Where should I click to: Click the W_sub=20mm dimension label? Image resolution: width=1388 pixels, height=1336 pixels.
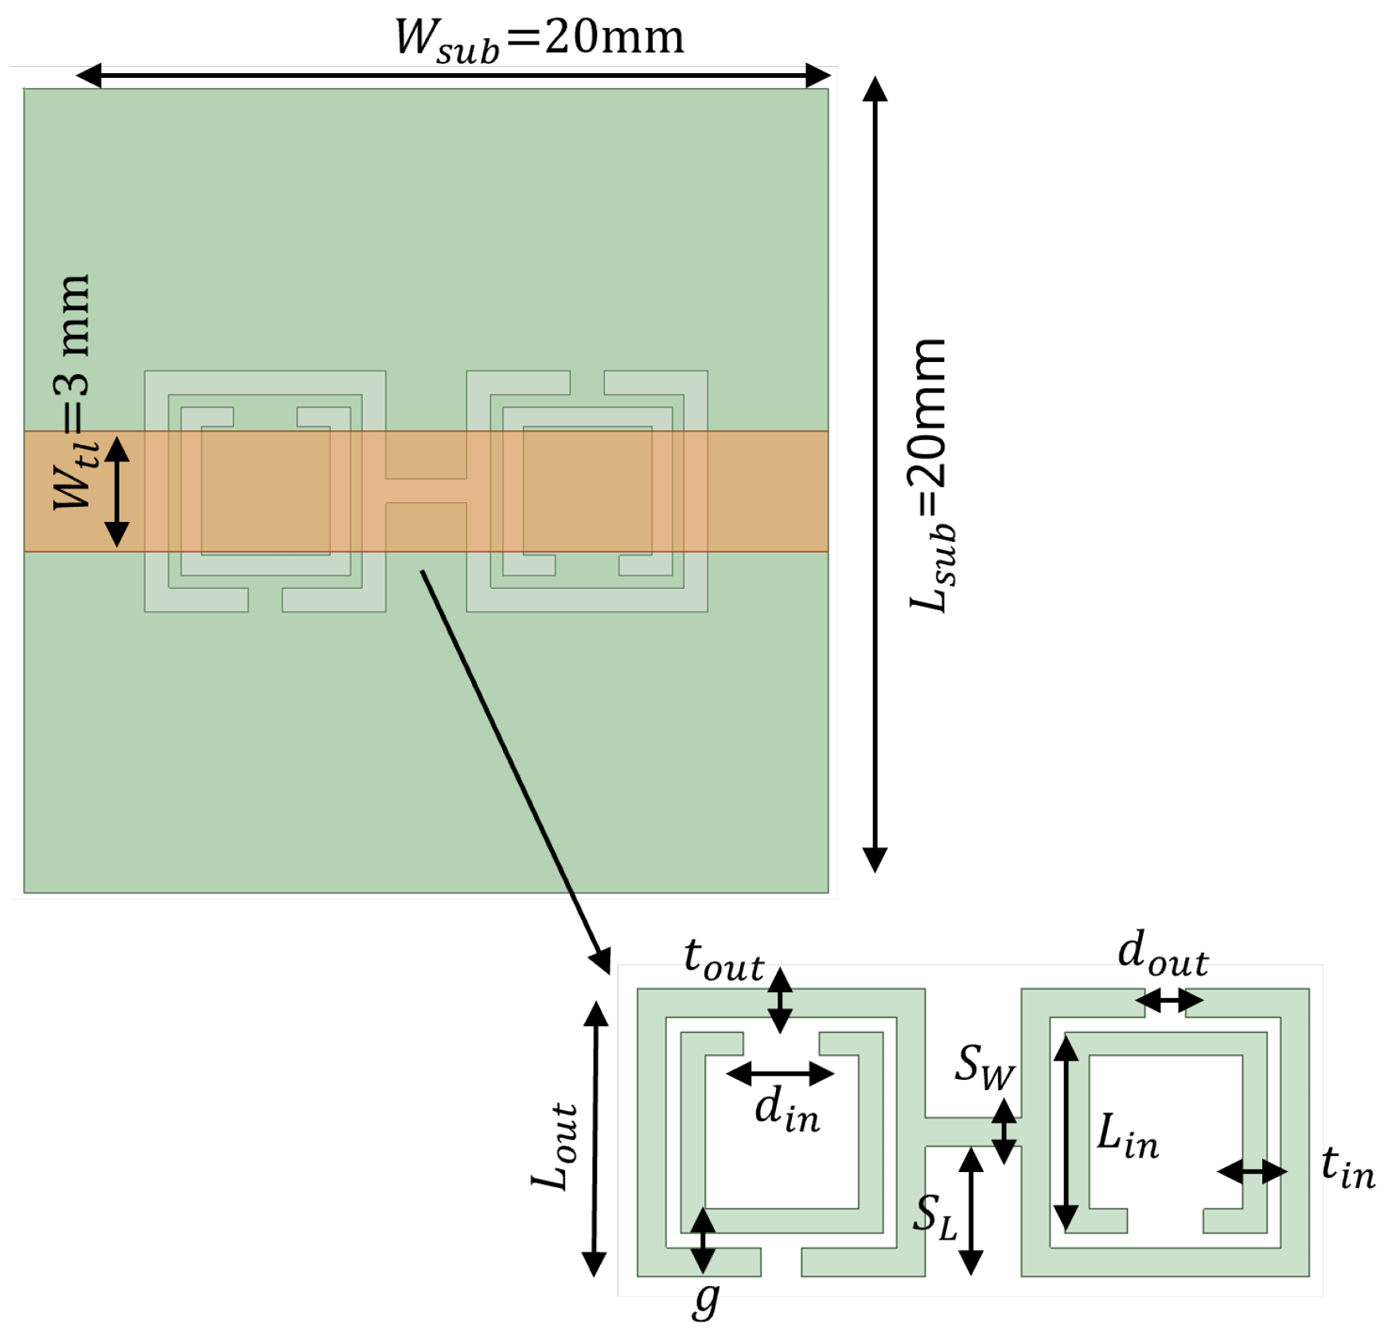click(540, 38)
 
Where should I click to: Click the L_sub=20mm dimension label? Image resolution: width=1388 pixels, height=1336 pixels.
click(930, 475)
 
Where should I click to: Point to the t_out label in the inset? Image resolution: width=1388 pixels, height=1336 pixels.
click(723, 960)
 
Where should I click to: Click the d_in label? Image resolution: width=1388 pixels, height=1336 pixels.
click(786, 1111)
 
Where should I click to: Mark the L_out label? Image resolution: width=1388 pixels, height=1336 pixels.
click(554, 1146)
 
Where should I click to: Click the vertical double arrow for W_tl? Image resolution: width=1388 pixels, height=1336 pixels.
click(117, 491)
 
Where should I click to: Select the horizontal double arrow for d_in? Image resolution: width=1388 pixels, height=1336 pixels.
click(780, 1074)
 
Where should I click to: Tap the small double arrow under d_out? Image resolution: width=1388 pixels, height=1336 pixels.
click(1168, 1000)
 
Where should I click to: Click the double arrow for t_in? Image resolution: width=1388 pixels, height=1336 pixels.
click(1252, 1171)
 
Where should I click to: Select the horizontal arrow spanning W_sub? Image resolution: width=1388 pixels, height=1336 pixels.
click(453, 76)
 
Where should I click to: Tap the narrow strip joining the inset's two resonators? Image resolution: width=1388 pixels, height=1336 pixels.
click(973, 1131)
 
